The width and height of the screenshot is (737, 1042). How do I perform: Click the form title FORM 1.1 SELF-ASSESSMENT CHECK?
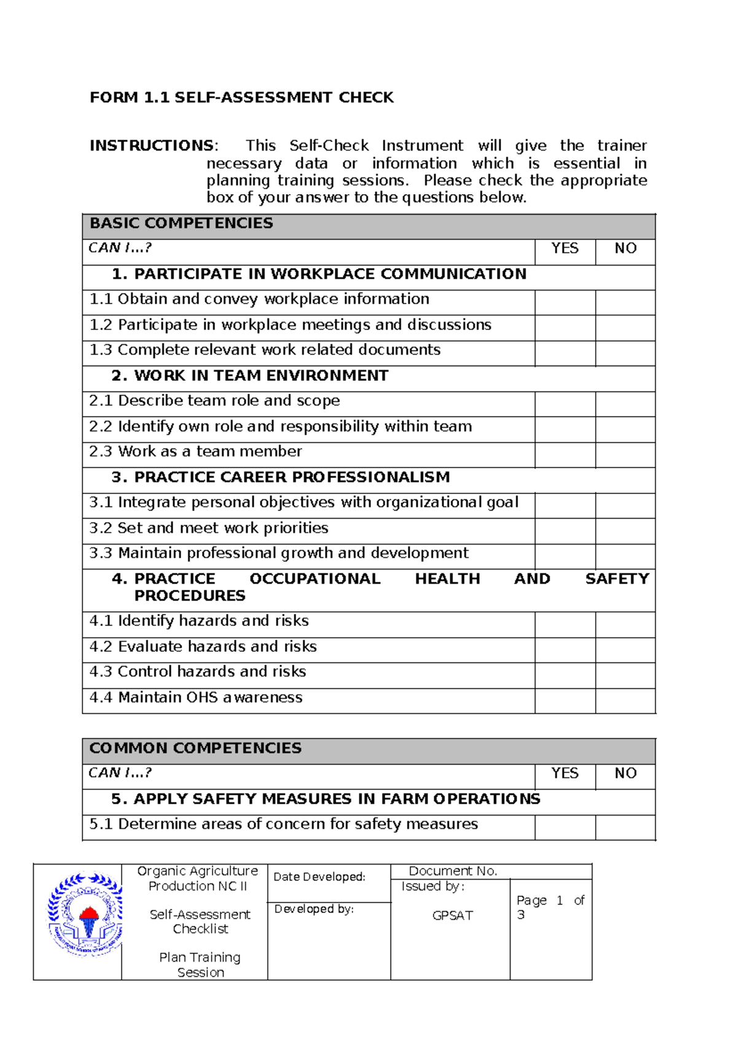point(241,98)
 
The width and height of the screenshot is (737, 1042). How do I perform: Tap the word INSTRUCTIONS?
point(151,146)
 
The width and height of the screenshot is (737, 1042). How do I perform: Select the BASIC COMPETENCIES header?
point(181,224)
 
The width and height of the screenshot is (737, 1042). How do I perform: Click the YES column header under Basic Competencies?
point(564,248)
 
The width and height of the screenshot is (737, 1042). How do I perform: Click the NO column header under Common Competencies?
point(625,774)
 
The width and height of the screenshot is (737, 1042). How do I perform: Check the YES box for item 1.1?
point(564,303)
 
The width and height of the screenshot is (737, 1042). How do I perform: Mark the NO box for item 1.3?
point(625,354)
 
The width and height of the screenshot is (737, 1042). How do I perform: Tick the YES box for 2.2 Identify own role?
point(564,429)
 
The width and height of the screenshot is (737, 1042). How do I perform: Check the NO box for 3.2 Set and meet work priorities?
point(625,531)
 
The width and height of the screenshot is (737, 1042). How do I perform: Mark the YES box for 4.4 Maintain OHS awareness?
point(564,701)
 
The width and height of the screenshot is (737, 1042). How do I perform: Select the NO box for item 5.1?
point(625,828)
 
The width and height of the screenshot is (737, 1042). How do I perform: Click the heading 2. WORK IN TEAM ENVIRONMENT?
point(250,376)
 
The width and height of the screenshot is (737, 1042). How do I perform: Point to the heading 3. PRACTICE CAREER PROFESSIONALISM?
point(281,477)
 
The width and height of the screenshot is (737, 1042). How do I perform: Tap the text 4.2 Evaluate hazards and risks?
point(203,647)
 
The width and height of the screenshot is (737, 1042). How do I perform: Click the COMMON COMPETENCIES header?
point(195,748)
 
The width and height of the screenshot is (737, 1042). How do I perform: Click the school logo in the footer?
point(85,914)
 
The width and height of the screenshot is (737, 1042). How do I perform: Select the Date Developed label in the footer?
point(319,877)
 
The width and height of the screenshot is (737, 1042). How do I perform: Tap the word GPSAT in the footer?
point(452,915)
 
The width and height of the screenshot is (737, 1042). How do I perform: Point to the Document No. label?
point(453,871)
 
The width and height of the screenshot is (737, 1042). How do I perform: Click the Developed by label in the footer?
point(314,909)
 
